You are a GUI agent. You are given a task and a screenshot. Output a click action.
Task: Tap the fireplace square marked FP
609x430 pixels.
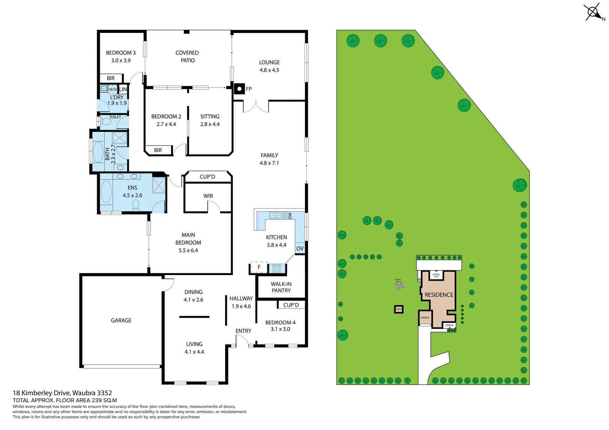pos(239,89)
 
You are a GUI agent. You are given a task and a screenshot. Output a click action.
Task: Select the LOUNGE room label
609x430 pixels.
pos(269,62)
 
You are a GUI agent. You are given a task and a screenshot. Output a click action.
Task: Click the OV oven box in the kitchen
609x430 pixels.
pos(300,249)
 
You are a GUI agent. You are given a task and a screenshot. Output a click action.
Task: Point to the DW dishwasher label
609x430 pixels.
pos(290,215)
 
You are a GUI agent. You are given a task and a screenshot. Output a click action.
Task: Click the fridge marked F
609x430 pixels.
pos(259,267)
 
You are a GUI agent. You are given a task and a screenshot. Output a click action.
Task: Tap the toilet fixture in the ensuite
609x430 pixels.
pos(135,205)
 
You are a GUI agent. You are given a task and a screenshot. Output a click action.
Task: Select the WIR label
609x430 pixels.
pos(208,196)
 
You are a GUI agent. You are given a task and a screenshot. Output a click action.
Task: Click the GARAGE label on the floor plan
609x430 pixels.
pos(121,320)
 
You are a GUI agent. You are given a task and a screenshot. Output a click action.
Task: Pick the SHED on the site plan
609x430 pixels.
pos(399,309)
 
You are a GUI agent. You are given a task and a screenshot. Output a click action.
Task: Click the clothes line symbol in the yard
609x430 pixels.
pos(400,286)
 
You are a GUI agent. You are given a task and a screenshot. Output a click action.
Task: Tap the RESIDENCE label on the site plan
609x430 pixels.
pos(439,295)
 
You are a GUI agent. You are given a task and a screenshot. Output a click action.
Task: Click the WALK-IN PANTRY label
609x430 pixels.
pos(281,287)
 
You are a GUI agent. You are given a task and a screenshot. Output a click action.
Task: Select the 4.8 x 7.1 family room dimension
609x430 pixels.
pos(269,163)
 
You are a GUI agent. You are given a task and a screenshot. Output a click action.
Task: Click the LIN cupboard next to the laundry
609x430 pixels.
pos(123,89)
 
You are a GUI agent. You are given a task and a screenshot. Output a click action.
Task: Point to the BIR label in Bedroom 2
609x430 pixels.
pos(158,150)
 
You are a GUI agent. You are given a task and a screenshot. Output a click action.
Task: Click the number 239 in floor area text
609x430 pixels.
pos(97,400)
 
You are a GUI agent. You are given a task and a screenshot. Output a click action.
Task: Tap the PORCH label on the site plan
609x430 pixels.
pos(449,325)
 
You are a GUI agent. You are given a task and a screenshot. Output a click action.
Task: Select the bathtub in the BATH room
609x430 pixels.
pos(98,152)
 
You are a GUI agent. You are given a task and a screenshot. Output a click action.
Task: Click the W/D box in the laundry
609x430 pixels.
pos(113,89)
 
